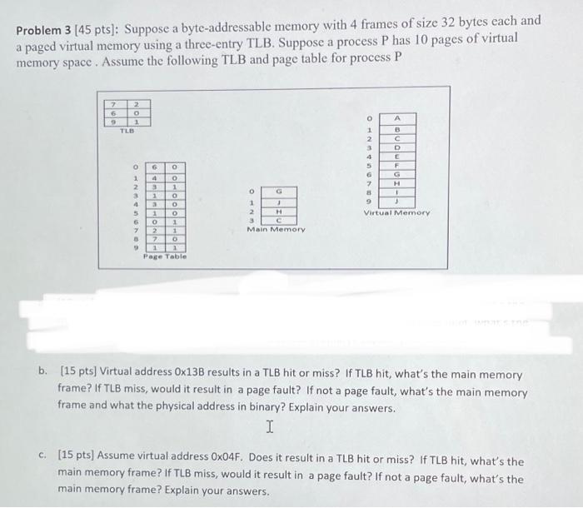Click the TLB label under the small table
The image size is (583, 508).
pos(127,131)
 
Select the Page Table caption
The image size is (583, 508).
pos(163,257)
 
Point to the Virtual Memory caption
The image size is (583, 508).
pos(396,213)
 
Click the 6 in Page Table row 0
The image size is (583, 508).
pos(154,167)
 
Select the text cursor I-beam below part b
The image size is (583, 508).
pos(269,427)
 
